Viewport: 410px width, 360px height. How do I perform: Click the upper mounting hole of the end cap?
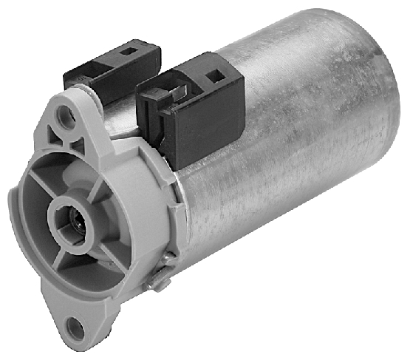click(x=69, y=115)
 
